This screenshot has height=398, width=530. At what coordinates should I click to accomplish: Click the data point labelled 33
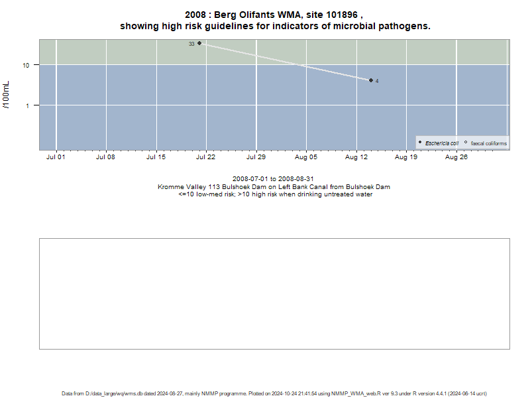click(199, 43)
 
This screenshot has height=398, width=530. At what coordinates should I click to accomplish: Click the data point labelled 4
click(371, 80)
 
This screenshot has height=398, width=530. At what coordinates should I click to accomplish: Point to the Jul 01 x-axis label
click(56, 157)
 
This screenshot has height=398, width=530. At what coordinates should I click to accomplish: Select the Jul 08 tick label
click(105, 157)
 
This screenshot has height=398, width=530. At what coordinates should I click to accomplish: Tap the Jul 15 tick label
click(156, 157)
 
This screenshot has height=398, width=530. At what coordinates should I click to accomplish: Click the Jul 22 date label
click(205, 157)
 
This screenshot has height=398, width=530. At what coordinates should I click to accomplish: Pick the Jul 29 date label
click(256, 157)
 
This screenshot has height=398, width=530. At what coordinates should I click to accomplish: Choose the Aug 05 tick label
click(306, 157)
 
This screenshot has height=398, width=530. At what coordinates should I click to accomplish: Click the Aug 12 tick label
click(356, 157)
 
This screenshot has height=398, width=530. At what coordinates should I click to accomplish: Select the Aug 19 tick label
click(406, 157)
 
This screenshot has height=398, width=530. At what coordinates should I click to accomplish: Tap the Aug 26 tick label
click(456, 157)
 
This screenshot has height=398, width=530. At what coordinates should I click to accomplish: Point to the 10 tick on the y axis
click(26, 65)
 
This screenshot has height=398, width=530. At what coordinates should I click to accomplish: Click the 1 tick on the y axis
click(28, 106)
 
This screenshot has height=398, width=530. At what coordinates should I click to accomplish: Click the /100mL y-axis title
click(6, 95)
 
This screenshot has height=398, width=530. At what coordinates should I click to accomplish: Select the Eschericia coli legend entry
click(439, 143)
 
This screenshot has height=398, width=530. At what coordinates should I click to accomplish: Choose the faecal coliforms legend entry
click(486, 143)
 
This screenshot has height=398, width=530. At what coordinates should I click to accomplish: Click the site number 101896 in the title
click(342, 15)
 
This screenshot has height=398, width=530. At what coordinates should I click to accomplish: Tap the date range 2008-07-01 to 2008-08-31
click(273, 178)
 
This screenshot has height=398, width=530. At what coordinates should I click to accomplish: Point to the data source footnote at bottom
click(274, 393)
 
